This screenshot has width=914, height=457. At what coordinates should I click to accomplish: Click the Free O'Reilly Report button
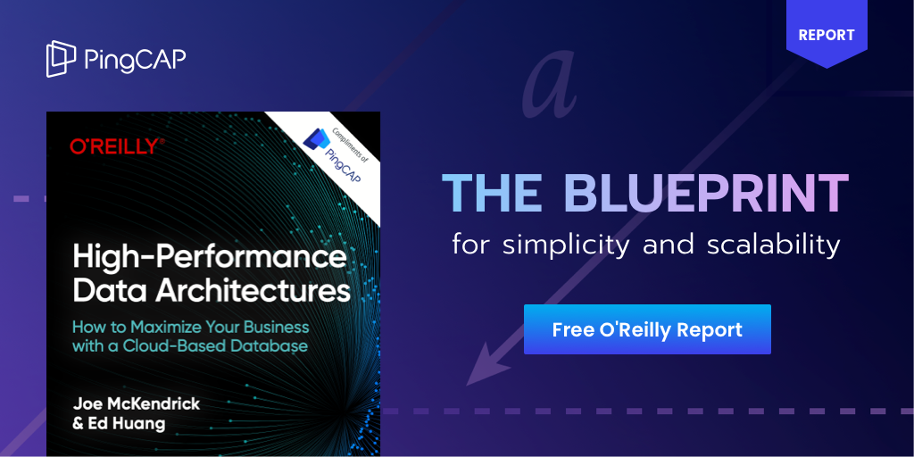(x=647, y=329)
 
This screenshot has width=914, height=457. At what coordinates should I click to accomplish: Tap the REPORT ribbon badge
(x=827, y=36)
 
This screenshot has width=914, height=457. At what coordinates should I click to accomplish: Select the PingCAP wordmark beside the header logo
(x=135, y=59)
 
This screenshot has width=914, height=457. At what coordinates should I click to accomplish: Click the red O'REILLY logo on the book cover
(x=117, y=146)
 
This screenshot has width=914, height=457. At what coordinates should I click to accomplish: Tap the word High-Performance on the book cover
(x=209, y=258)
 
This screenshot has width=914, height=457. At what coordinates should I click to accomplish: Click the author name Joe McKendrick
(x=137, y=403)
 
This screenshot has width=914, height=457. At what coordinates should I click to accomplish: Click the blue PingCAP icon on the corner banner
(x=315, y=138)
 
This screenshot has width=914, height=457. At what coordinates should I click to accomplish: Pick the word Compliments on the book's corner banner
(x=337, y=135)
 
